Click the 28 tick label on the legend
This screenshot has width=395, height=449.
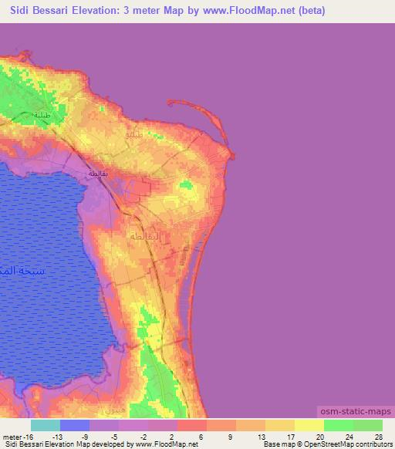378,436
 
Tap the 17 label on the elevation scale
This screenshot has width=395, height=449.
290,436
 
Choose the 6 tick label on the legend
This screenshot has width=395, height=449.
202,436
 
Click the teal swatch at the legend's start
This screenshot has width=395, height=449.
46,425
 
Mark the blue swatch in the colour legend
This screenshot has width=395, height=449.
75,425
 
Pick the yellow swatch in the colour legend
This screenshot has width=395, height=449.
309,425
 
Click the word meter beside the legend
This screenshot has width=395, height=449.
13,436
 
